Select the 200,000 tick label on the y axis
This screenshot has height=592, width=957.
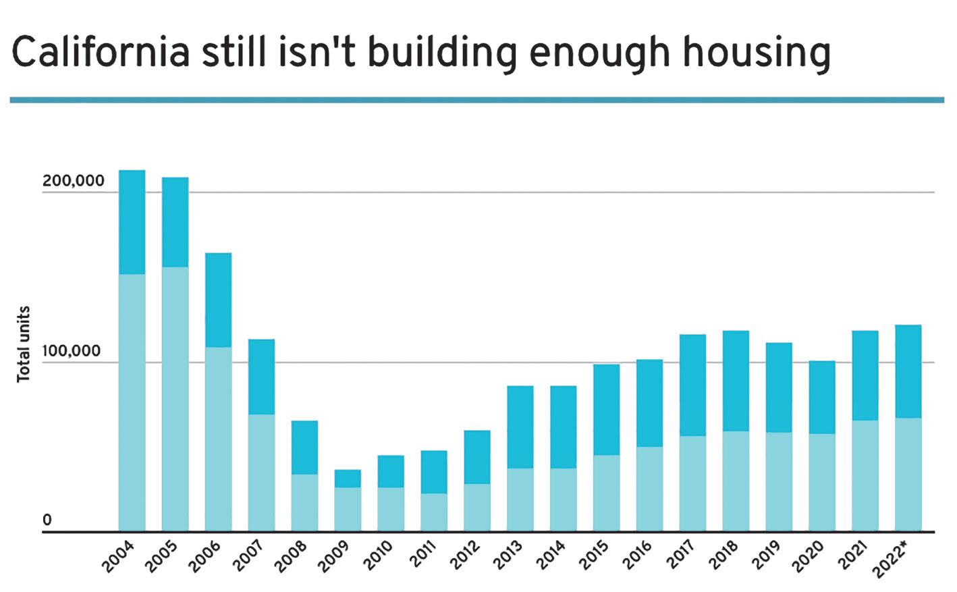(x=73, y=181)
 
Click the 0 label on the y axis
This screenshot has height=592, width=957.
(x=47, y=520)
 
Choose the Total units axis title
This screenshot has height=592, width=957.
(x=24, y=344)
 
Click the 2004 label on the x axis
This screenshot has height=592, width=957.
(x=118, y=558)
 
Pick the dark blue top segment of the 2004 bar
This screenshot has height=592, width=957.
(x=132, y=222)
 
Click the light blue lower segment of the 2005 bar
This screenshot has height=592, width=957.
(x=175, y=398)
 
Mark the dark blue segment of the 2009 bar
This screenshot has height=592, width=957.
(x=348, y=479)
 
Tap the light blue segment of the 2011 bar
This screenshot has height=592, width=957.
(x=434, y=512)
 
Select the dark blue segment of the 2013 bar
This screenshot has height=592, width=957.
(x=520, y=427)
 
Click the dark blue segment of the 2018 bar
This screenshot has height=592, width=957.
(x=736, y=381)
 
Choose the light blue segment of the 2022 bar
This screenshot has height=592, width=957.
(x=908, y=475)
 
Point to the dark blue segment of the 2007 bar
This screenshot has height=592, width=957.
(x=261, y=377)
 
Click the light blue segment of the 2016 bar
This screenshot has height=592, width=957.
(x=649, y=489)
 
